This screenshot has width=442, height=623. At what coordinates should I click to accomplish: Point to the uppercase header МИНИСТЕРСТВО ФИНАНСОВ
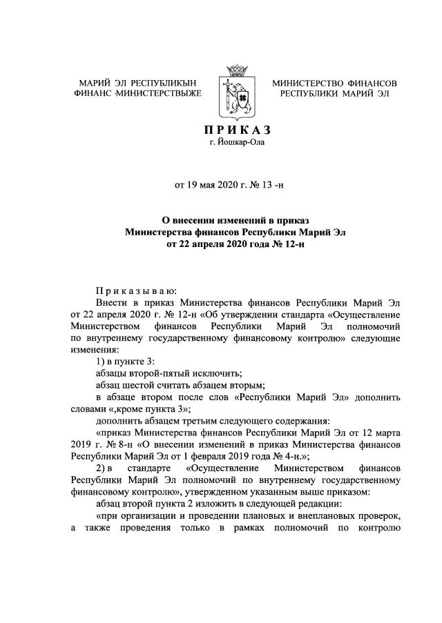(x=334, y=83)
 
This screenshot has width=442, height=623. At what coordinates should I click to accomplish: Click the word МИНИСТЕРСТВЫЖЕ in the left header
(x=158, y=94)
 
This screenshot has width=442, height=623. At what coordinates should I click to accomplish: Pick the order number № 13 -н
(x=273, y=184)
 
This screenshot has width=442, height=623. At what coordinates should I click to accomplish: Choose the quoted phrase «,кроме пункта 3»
(x=150, y=408)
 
